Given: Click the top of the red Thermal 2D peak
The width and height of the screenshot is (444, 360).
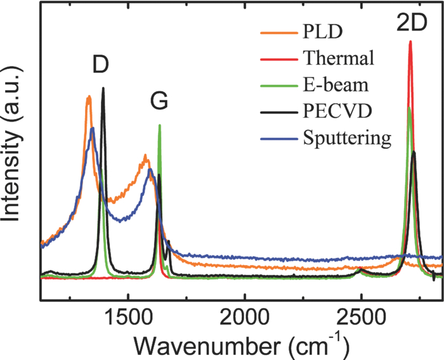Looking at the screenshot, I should click(x=410, y=42).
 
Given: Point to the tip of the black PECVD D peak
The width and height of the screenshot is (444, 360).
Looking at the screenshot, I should click(x=103, y=89).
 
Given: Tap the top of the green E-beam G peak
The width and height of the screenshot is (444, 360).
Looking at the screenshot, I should click(x=159, y=125).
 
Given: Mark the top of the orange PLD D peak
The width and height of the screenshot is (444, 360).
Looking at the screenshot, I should click(x=89, y=97).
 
